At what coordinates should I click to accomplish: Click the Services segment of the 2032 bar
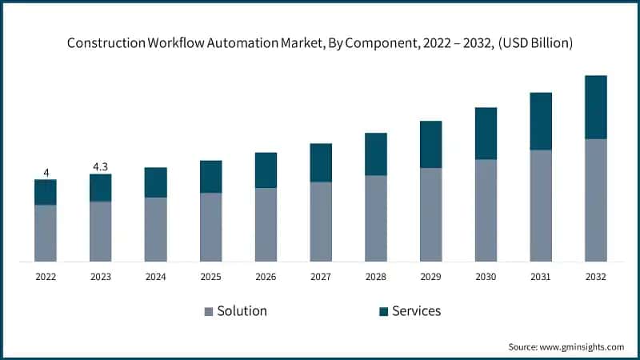[x=595, y=107]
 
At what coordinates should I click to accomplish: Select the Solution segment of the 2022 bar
[x=46, y=233]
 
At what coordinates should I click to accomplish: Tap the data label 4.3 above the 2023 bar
[x=101, y=166]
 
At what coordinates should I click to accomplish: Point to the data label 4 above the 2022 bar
[x=46, y=172]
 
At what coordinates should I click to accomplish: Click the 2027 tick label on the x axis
[x=321, y=276]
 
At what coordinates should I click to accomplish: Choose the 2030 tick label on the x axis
[x=486, y=276]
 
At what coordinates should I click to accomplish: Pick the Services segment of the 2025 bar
[x=210, y=177]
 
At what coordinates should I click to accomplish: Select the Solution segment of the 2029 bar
[x=430, y=214]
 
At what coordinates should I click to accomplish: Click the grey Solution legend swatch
[x=209, y=311]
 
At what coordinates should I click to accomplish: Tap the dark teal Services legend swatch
[x=383, y=311]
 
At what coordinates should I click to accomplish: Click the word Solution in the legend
[x=242, y=310]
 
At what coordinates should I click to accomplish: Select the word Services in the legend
[x=416, y=310]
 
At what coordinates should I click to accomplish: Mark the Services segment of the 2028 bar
[x=375, y=154]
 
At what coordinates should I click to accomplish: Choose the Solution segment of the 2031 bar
[x=541, y=206]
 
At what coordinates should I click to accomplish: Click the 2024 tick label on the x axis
[x=155, y=276]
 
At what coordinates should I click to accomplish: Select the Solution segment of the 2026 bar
[x=266, y=224]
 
